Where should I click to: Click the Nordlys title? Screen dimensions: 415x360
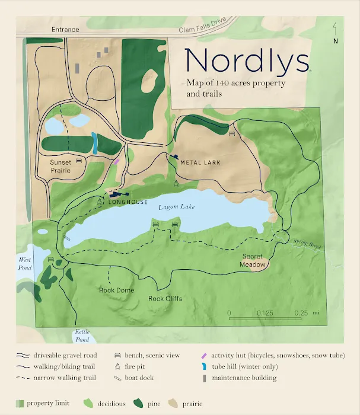click(247, 60)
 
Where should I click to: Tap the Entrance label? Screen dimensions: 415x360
click(65, 29)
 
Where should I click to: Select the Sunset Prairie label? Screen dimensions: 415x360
click(60, 166)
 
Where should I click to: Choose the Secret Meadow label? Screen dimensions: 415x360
click(253, 261)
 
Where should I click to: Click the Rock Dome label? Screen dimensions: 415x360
click(116, 290)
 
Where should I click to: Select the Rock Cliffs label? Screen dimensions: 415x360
click(165, 298)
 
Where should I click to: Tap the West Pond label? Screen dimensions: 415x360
click(24, 264)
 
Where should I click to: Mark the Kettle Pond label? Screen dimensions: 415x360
click(82, 336)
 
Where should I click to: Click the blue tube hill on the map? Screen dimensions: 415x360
click(94, 144)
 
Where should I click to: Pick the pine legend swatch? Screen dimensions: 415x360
click(138, 404)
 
